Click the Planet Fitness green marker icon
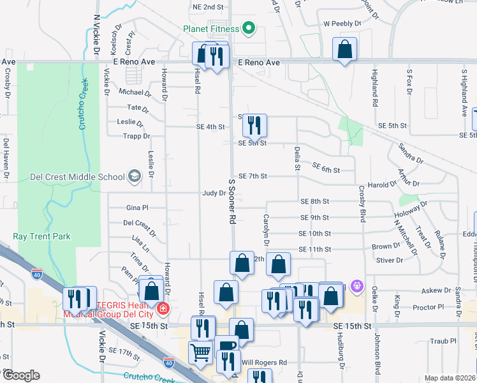(249, 29)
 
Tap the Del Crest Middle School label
(78, 177)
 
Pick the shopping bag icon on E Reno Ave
(344, 49)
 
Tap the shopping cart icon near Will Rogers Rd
(201, 352)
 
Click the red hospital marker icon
(164, 309)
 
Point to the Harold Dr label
(382, 185)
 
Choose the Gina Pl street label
(136, 208)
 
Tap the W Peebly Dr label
(342, 24)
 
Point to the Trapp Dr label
(137, 136)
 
